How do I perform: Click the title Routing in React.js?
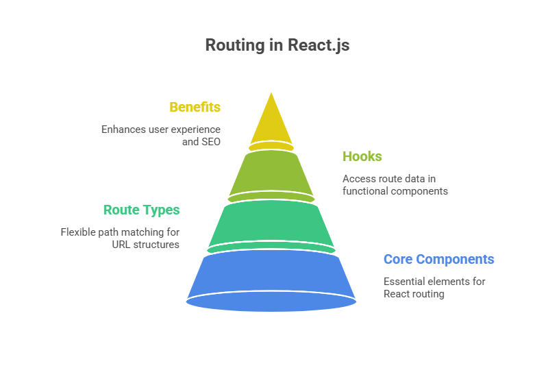click(277, 46)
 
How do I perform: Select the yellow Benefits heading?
click(195, 108)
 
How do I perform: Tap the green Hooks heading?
click(362, 157)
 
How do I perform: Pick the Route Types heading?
click(142, 210)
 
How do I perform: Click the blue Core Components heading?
click(438, 260)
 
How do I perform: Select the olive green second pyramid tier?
click(271, 175)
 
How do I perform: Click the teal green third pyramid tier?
click(271, 225)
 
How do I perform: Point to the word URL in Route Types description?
click(122, 245)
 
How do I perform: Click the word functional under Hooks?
click(365, 191)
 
